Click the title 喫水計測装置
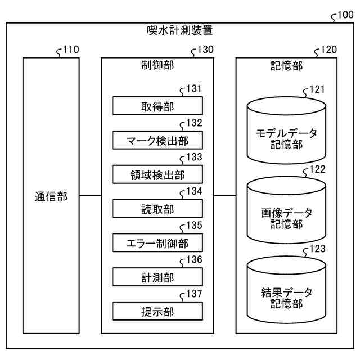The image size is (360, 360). click(x=180, y=30)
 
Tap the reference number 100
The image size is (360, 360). click(x=345, y=15)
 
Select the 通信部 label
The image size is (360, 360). click(x=51, y=197)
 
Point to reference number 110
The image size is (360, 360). click(x=71, y=49)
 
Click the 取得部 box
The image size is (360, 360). click(x=157, y=106)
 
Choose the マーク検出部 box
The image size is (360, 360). click(x=157, y=140)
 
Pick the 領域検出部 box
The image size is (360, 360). click(x=157, y=174)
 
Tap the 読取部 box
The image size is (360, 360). click(x=157, y=209)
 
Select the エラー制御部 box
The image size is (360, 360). click(x=157, y=242)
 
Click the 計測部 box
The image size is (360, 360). click(x=157, y=277)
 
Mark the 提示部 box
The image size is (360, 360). click(x=157, y=311)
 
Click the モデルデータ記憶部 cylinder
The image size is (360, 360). click(x=286, y=130)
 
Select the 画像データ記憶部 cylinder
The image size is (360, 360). click(x=286, y=210)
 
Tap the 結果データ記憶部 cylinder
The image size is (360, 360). click(x=286, y=290)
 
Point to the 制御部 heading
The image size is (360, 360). click(x=157, y=65)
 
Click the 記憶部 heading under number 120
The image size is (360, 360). click(x=286, y=66)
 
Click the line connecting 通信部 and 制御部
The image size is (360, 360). click(x=90, y=196)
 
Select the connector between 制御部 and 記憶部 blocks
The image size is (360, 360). click(x=225, y=196)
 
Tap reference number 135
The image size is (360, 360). click(x=194, y=225)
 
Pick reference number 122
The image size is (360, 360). click(x=317, y=169)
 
